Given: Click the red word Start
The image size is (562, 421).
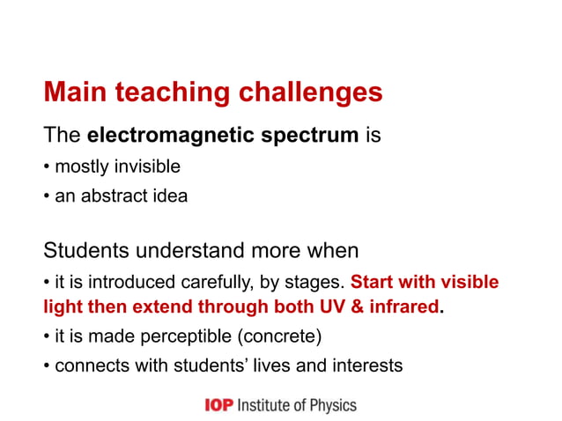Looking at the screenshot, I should click(373, 283).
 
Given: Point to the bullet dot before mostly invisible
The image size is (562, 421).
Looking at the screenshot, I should click(48, 167).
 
